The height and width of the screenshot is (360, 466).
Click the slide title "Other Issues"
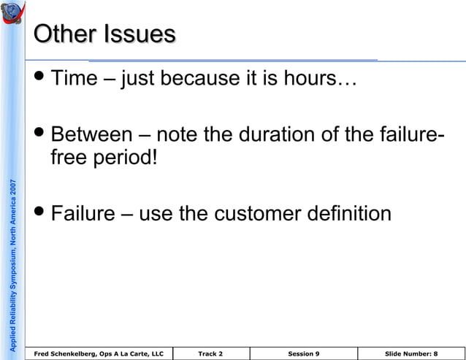click(x=105, y=34)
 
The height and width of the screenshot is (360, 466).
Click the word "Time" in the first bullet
click(x=75, y=78)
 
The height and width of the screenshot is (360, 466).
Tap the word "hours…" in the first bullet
click(x=321, y=78)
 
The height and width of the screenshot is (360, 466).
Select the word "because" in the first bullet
click(x=197, y=78)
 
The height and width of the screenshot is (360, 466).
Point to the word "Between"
click(x=92, y=135)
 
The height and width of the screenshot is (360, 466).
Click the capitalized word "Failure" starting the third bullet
click(x=83, y=214)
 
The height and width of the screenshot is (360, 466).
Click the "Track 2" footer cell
click(x=210, y=353)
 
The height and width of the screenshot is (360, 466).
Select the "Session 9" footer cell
click(x=303, y=353)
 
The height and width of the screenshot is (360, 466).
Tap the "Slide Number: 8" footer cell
click(x=410, y=353)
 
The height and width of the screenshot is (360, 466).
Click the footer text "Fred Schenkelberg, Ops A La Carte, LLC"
click(x=99, y=353)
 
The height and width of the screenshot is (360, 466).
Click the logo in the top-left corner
click(x=12, y=15)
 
